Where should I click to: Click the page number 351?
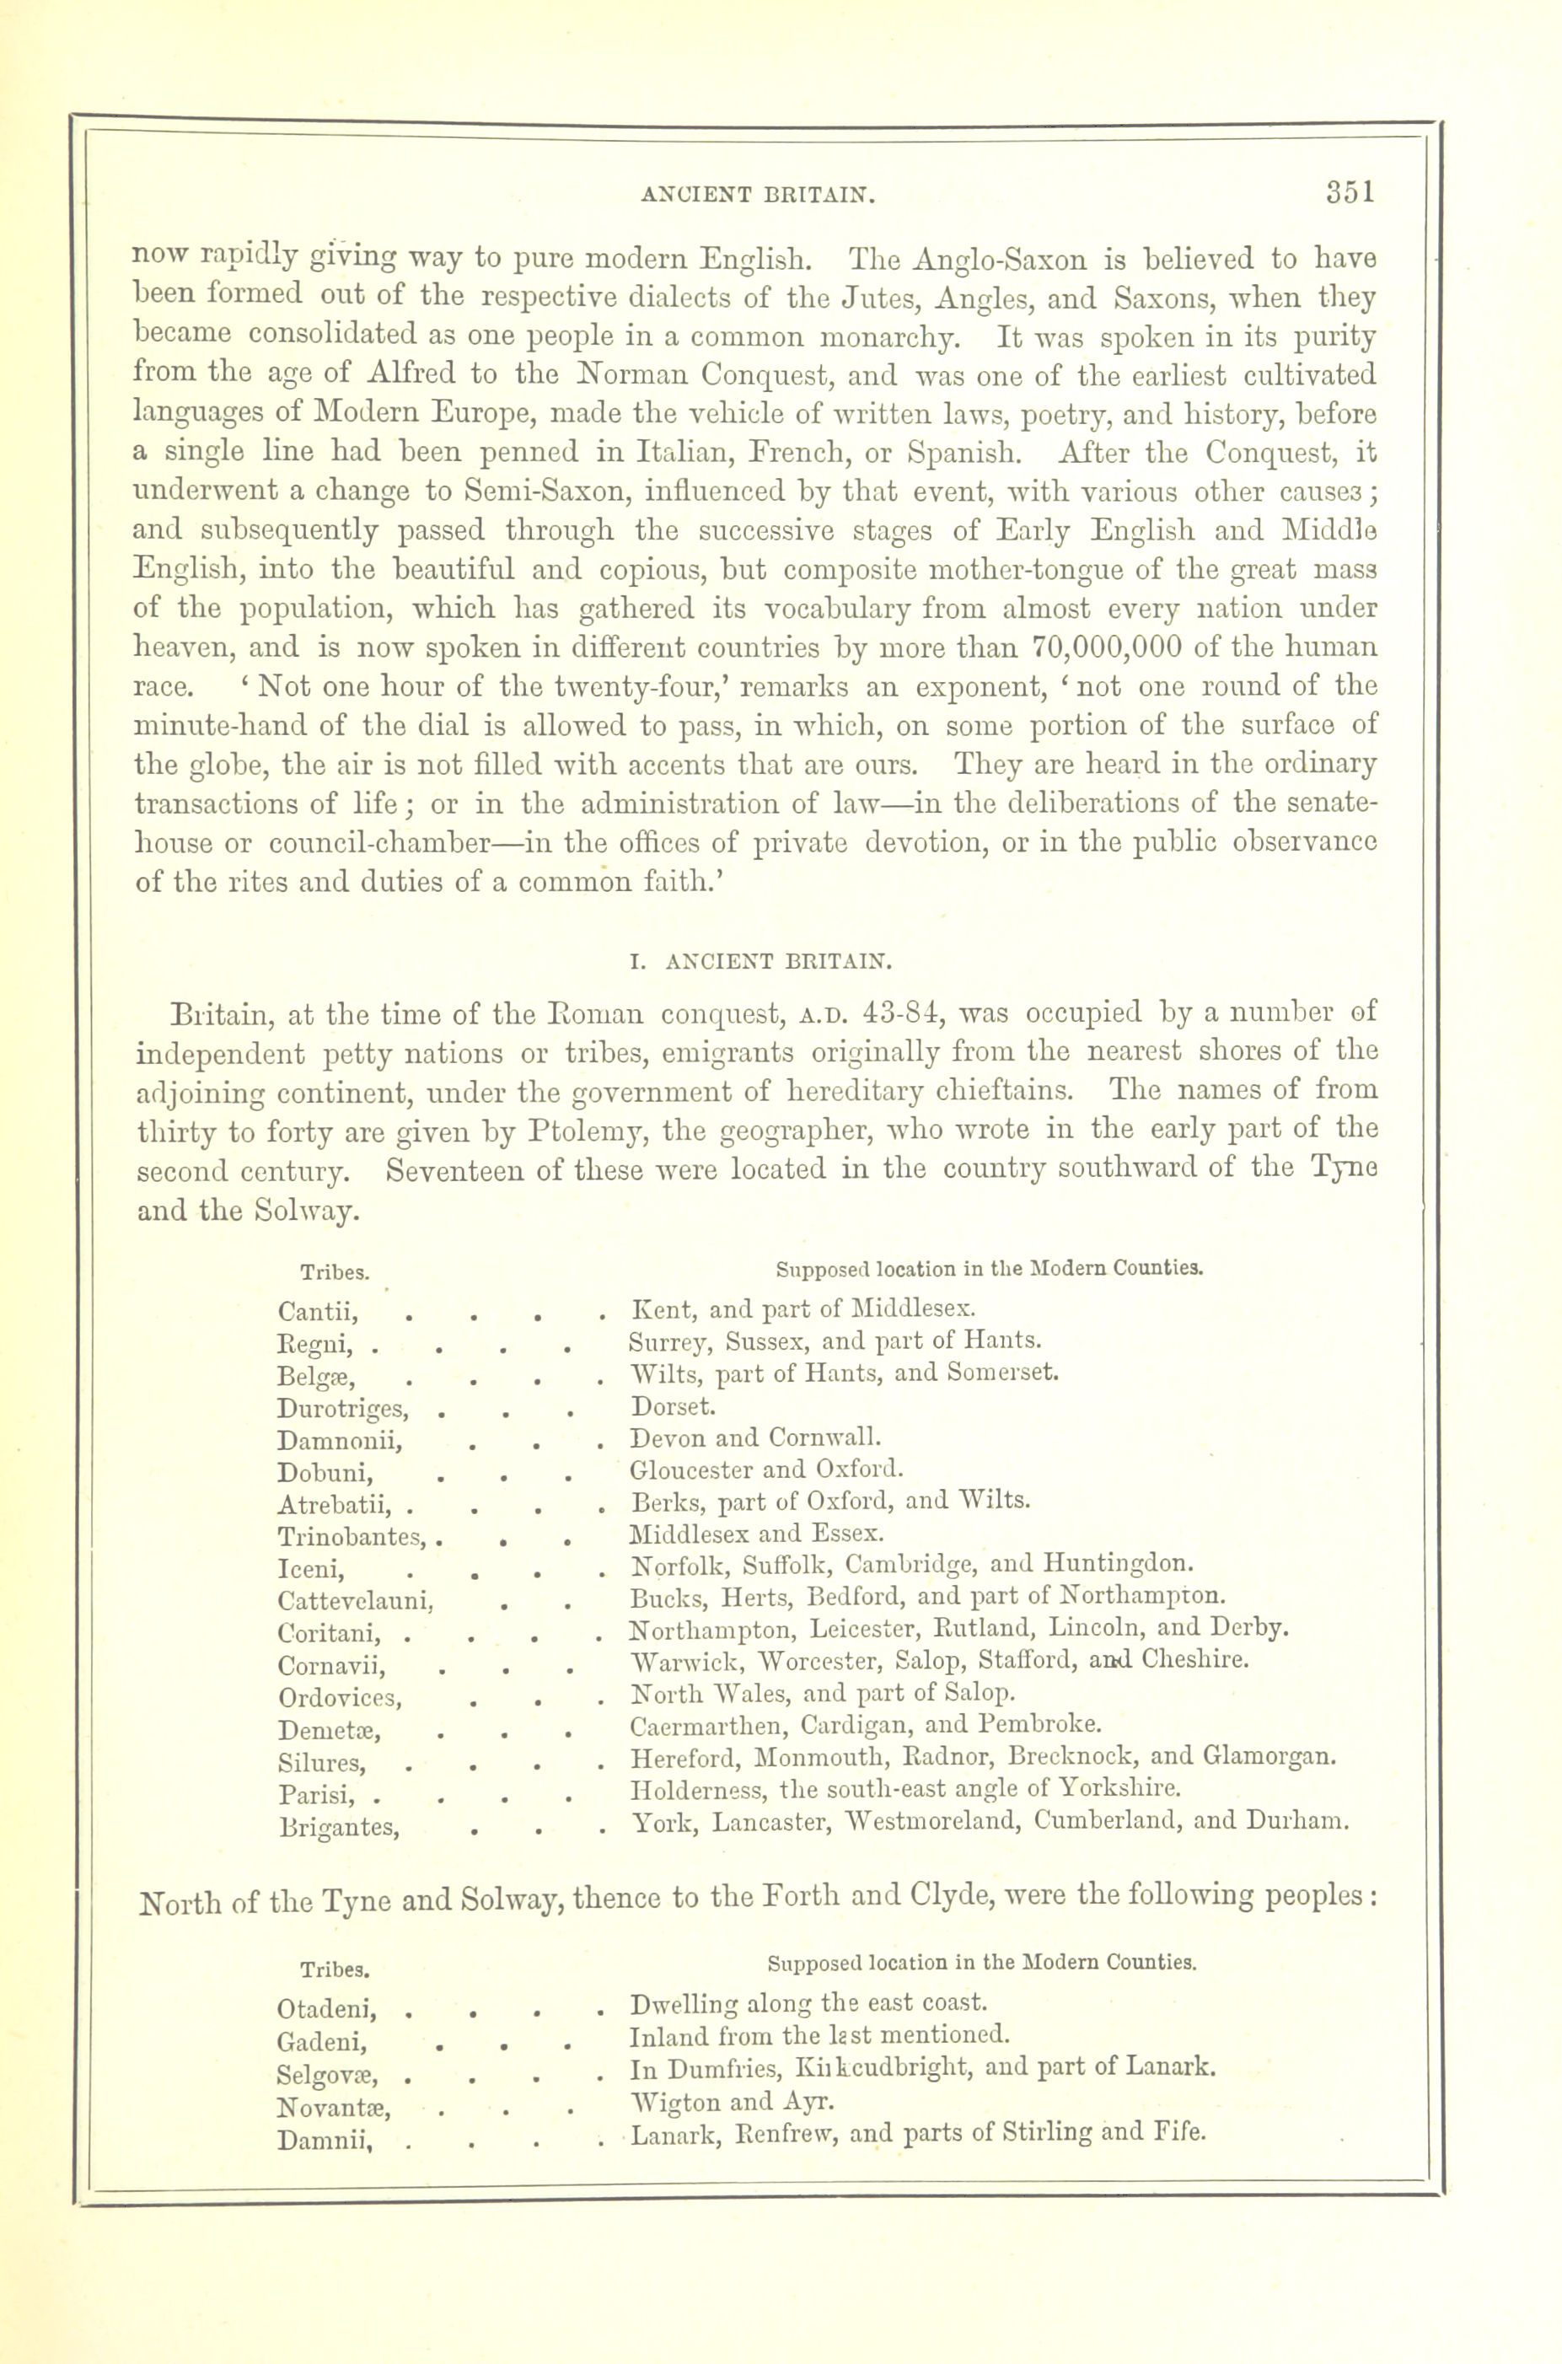coord(1350,192)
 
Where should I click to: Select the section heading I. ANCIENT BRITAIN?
coord(757,962)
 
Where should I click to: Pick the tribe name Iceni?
coord(311,1571)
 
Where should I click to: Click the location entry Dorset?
coord(673,1406)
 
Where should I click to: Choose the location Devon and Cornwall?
coord(756,1438)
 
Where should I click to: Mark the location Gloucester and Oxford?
coord(766,1469)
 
